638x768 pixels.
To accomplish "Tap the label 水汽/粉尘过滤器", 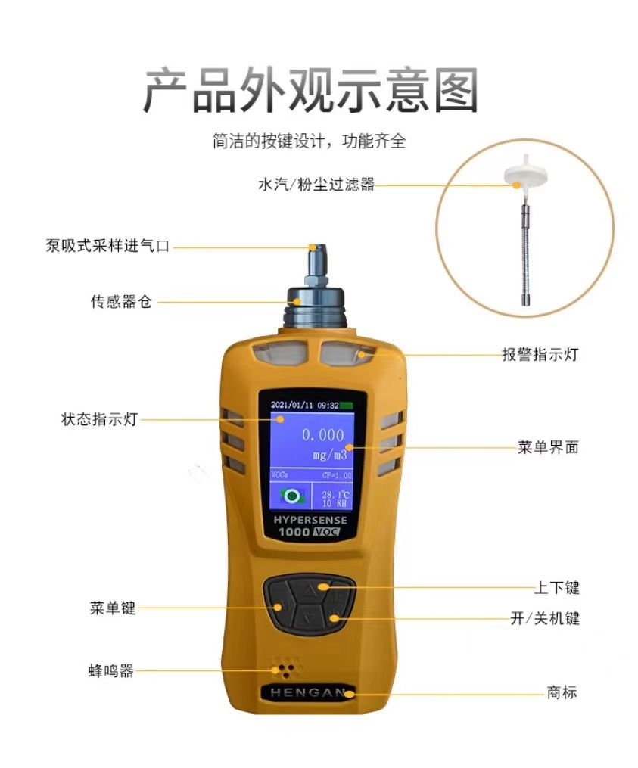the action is coord(316,184).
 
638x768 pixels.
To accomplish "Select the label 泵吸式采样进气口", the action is coord(107,245).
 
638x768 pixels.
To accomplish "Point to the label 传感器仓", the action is coord(121,301).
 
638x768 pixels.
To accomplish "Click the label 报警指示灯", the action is coord(540,354).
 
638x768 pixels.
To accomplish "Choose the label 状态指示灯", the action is coord(99,419).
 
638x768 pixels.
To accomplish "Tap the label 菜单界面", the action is coord(548,447).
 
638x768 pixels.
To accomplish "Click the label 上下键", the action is coord(557,587).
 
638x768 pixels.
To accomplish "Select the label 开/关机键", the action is coord(545,618).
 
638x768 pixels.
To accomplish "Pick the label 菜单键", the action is coord(113,608).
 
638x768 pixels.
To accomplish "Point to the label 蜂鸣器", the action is coord(110,670).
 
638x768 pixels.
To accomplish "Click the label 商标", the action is coord(562,692).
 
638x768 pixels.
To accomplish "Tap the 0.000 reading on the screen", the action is coord(323,434).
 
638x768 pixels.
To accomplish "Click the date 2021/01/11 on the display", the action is coord(291,406).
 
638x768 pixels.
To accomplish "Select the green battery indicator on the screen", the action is coord(347,406).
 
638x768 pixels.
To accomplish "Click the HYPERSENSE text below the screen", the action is coord(310,520).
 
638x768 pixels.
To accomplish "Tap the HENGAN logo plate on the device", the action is coord(308,692).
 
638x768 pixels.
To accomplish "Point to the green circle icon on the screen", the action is coord(292,496).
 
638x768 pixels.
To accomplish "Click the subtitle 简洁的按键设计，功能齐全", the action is coord(310,141).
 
